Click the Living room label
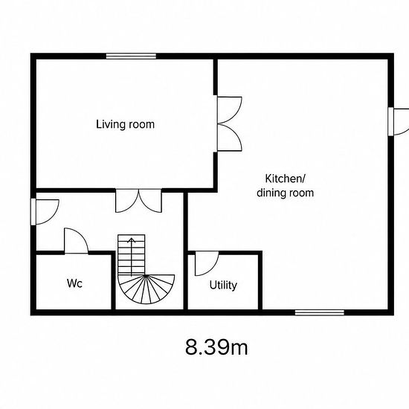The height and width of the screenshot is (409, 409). [125, 124]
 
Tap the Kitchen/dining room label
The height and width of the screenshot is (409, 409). [285, 186]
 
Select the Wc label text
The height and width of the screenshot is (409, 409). [74, 283]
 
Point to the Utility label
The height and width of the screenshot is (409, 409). [223, 285]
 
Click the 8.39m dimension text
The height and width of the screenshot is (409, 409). [216, 347]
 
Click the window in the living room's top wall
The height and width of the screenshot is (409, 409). [131, 56]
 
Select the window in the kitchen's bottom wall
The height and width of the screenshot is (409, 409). [320, 312]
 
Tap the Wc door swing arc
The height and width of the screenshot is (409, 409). [83, 236]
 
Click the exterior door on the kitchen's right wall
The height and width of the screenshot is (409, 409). [399, 122]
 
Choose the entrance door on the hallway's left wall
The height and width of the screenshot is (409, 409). [45, 212]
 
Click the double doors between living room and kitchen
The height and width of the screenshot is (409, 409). [229, 123]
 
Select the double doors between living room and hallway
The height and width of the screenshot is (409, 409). [138, 200]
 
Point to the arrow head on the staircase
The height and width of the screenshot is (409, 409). [131, 240]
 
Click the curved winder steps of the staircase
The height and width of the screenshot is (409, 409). [146, 289]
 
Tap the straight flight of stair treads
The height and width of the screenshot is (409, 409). [131, 254]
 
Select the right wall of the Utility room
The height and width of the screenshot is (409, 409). [260, 280]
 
